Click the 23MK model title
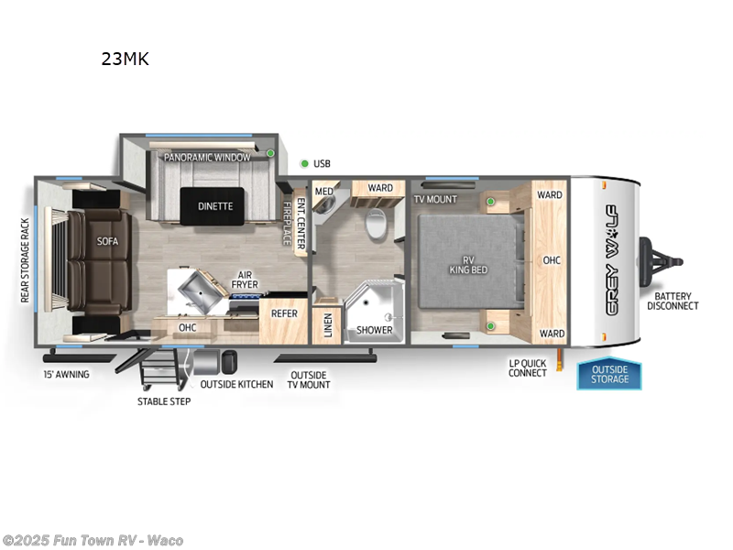click(126, 60)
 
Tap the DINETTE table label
click(215, 206)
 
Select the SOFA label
click(108, 242)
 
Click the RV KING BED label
click(467, 264)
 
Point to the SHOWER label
click(375, 330)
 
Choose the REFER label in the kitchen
click(283, 313)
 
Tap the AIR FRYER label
click(244, 280)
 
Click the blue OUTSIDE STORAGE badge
click(609, 374)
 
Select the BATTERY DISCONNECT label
click(673, 302)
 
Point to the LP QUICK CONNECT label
click(528, 368)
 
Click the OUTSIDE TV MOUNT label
click(310, 379)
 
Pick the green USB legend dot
click(304, 164)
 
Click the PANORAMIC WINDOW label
click(207, 158)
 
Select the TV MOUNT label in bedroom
click(435, 199)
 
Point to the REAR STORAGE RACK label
click(26, 260)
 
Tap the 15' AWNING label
click(66, 375)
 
